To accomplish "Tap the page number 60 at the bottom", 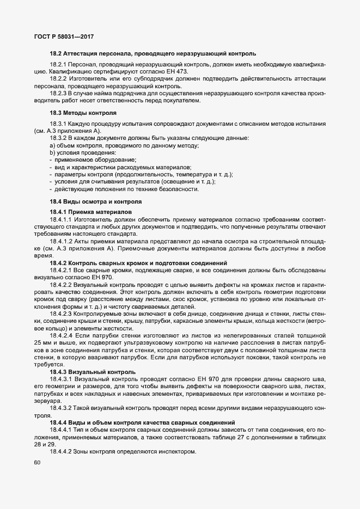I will click(38, 463).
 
